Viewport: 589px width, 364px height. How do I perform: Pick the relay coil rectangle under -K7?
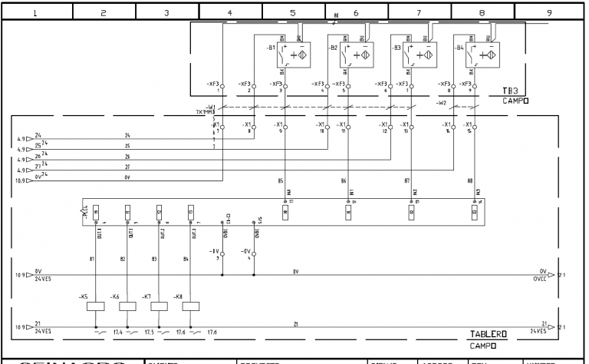[x=159, y=306]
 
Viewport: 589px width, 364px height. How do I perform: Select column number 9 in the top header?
[x=550, y=12]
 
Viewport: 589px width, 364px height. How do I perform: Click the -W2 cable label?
[x=441, y=101]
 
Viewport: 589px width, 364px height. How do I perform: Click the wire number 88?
[x=470, y=180]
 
